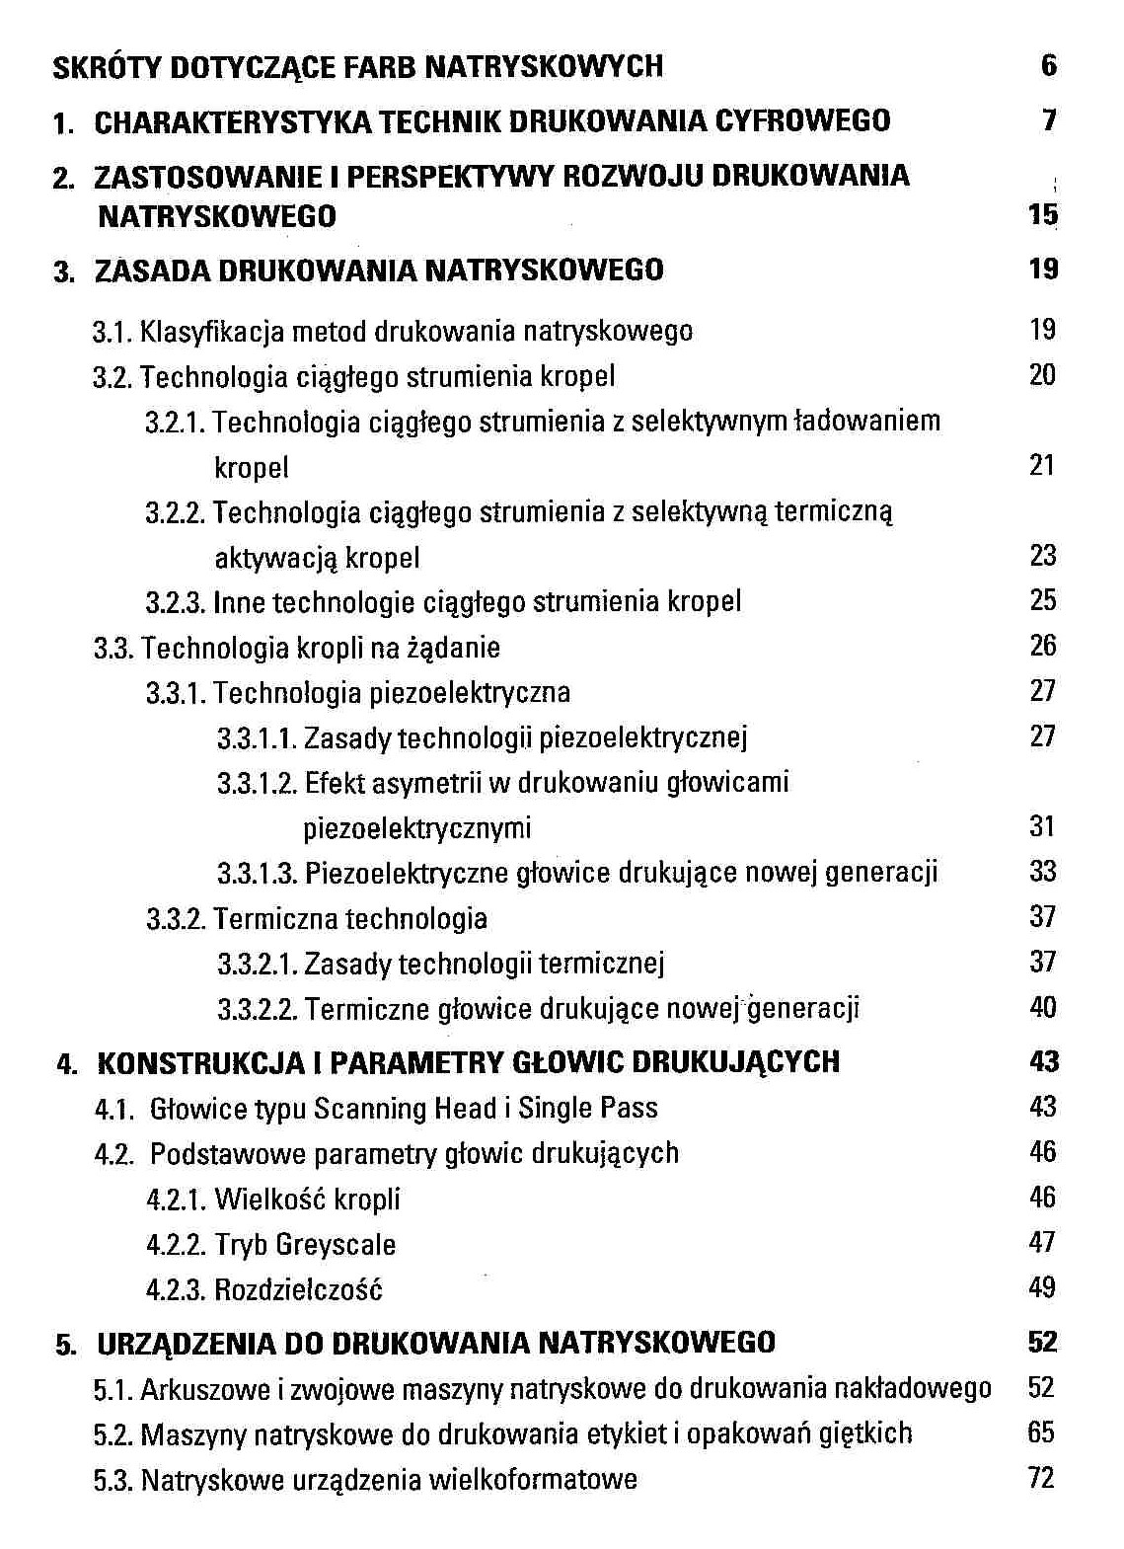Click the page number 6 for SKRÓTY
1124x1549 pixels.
click(1048, 66)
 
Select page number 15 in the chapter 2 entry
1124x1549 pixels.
click(1042, 214)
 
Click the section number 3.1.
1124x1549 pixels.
click(112, 331)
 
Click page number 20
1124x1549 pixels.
click(1042, 375)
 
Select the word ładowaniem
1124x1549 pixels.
click(868, 422)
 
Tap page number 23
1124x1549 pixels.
click(1042, 556)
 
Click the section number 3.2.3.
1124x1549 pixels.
click(176, 602)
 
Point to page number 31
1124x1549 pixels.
click(1042, 826)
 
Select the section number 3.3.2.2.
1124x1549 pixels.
click(257, 1009)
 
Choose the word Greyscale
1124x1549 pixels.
click(336, 1244)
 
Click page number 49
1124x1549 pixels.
click(1042, 1288)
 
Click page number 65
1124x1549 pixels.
click(1041, 1433)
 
